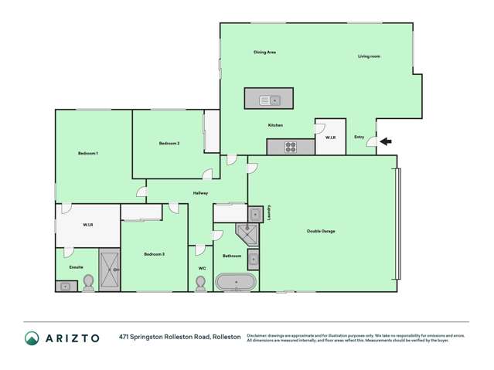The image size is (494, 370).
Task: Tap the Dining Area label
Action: pos(265,52)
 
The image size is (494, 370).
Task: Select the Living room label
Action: pos(369,56)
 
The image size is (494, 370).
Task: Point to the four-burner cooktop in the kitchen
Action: pos(290,147)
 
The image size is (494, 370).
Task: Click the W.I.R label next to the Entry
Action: pos(330,137)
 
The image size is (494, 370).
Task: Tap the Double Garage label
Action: pos(320,231)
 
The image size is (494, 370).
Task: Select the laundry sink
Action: pos(254,214)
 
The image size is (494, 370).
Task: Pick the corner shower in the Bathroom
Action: pos(247,233)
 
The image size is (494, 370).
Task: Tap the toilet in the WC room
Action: pos(200,284)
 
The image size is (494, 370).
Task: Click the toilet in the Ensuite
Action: pos(88,283)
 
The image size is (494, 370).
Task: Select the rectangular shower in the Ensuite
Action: pos(109,270)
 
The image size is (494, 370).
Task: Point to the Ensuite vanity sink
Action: pos(65,287)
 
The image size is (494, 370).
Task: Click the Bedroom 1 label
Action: pos(88,154)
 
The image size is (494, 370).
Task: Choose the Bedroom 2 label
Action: pos(169,144)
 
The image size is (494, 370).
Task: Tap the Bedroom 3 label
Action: pos(154,254)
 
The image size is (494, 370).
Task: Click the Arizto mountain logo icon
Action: pos(32,338)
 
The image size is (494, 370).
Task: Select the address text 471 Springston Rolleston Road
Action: pos(164,338)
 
